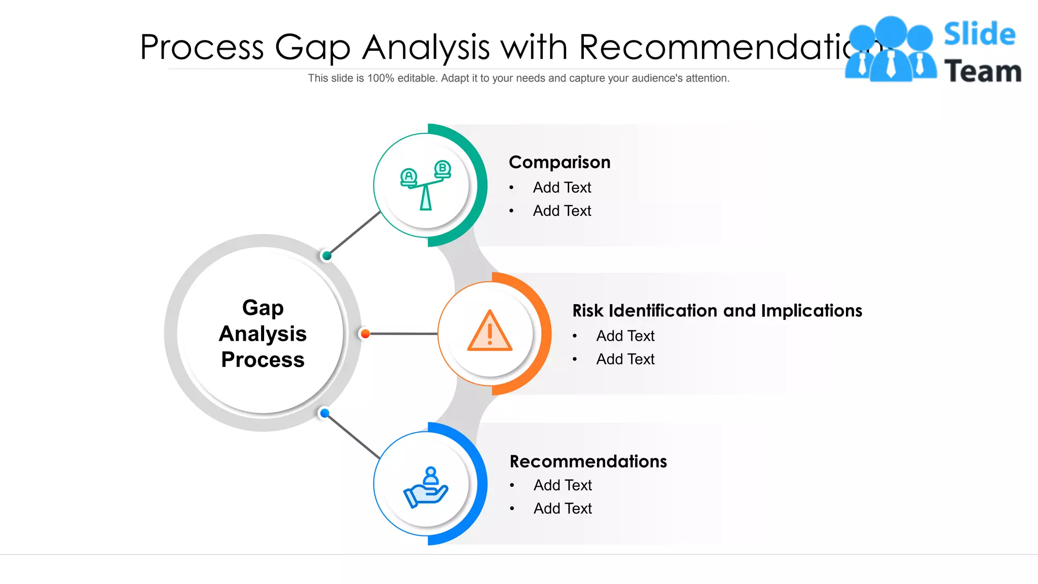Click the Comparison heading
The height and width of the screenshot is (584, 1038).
pyautogui.click(x=560, y=162)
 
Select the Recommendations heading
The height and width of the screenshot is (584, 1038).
pyautogui.click(x=588, y=461)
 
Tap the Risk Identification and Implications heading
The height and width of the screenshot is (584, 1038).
pyautogui.click(x=717, y=311)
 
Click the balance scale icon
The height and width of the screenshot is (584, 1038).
pyautogui.click(x=426, y=185)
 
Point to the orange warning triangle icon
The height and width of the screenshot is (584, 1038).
pyautogui.click(x=490, y=332)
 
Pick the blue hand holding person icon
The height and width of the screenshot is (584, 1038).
pyautogui.click(x=426, y=487)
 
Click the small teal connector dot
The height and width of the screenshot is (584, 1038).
pyautogui.click(x=327, y=255)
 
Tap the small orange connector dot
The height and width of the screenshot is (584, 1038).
pyautogui.click(x=365, y=334)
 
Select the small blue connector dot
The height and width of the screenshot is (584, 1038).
pyautogui.click(x=325, y=413)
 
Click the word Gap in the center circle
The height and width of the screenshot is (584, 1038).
pyautogui.click(x=263, y=308)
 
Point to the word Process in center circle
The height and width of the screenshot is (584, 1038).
pyautogui.click(x=263, y=360)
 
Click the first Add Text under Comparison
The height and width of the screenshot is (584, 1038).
pyautogui.click(x=562, y=188)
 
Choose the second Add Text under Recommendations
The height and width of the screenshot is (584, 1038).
pyautogui.click(x=563, y=508)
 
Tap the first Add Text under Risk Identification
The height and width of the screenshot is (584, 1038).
pyautogui.click(x=625, y=336)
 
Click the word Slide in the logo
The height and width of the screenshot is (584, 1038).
pyautogui.click(x=979, y=34)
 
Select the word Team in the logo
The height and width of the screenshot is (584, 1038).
pyautogui.click(x=982, y=71)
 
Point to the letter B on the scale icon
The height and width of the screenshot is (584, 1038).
pyautogui.click(x=442, y=168)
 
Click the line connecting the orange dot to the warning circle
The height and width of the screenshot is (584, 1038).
pyautogui.click(x=403, y=334)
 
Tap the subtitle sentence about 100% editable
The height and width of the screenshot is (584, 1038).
pyautogui.click(x=518, y=78)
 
